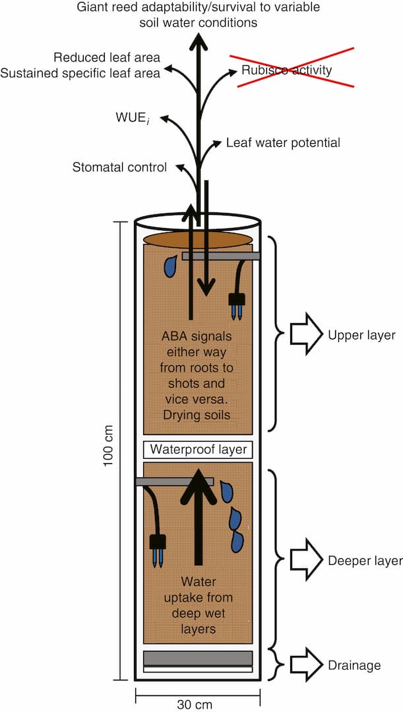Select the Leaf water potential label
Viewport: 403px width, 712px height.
(x=283, y=142)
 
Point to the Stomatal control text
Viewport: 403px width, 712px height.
(x=119, y=167)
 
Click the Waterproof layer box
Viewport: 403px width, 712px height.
(x=199, y=450)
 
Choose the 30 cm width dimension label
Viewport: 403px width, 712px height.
(x=195, y=704)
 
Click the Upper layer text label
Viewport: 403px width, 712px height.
(x=361, y=336)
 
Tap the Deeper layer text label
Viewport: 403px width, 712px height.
(x=365, y=561)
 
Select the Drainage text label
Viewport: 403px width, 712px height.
(x=354, y=665)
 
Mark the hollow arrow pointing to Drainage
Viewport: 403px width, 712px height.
(x=305, y=665)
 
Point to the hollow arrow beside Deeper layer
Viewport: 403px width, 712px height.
(x=305, y=560)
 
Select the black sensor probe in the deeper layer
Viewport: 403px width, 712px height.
(x=158, y=547)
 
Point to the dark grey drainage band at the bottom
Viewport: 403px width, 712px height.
(x=199, y=658)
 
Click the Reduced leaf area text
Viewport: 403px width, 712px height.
(x=107, y=57)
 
